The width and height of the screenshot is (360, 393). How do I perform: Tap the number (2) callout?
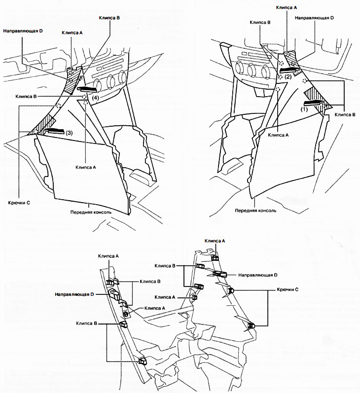[x=288, y=77]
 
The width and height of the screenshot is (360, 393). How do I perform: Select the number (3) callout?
[x=70, y=133]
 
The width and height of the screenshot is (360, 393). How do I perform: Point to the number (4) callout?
[x=95, y=98]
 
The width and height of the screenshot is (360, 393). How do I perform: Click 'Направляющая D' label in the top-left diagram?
[x=22, y=31]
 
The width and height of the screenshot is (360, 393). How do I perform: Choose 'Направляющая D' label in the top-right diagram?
[x=315, y=18]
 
